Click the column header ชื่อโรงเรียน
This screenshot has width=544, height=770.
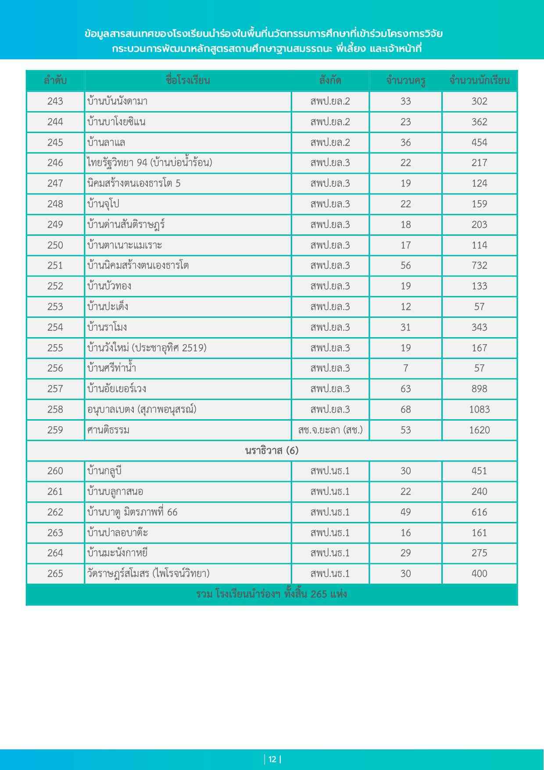click(x=188, y=81)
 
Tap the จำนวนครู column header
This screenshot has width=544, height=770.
click(x=405, y=81)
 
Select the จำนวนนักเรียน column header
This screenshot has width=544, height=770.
click(x=480, y=81)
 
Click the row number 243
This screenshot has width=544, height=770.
click(x=55, y=101)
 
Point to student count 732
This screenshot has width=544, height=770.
click(x=480, y=266)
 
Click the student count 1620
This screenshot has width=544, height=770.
click(x=480, y=430)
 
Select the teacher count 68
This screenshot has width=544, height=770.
click(x=405, y=410)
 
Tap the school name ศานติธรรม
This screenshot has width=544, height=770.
click(x=108, y=430)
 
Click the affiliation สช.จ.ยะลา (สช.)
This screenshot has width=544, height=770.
click(x=330, y=430)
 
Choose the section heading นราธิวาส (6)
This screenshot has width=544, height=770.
click(x=272, y=451)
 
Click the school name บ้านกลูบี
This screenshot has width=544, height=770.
click(x=104, y=471)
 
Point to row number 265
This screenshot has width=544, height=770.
click(x=55, y=574)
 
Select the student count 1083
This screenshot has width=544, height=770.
click(x=480, y=410)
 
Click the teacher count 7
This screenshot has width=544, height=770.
click(x=405, y=368)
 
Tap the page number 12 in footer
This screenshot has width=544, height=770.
click(x=272, y=759)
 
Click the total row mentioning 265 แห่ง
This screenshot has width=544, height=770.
click(x=272, y=594)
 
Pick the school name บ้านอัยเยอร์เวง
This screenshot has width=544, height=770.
click(x=117, y=389)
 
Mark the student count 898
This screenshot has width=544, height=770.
click(x=480, y=389)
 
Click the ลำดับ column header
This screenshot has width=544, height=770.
click(x=55, y=81)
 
